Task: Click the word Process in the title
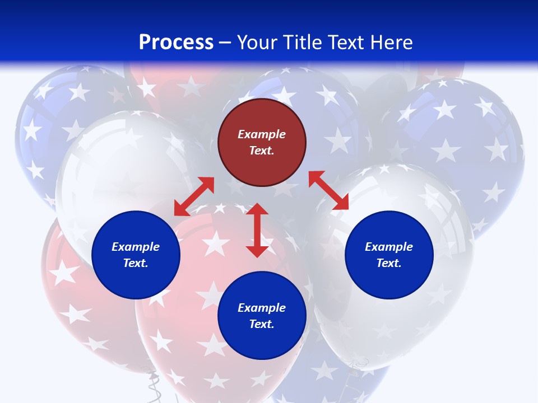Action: pyautogui.click(x=176, y=43)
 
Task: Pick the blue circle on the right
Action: pyautogui.click(x=389, y=280)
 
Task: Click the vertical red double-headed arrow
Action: pyautogui.click(x=257, y=230)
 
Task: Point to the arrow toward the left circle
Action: pyautogui.click(x=194, y=196)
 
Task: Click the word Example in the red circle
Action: pyautogui.click(x=262, y=134)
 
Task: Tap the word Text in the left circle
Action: pyautogui.click(x=136, y=263)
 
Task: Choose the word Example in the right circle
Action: pyautogui.click(x=389, y=247)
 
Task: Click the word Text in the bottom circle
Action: pyautogui.click(x=262, y=324)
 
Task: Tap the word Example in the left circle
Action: pyautogui.click(x=136, y=247)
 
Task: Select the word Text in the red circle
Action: pyautogui.click(x=262, y=151)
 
